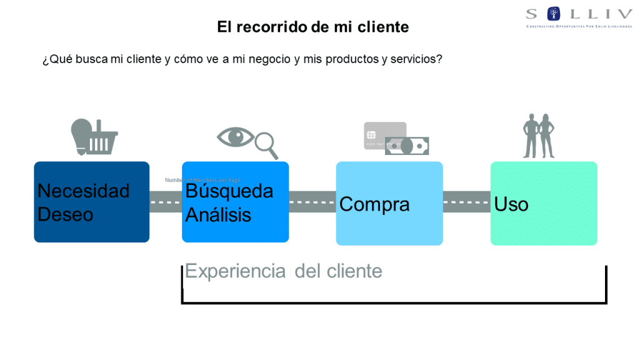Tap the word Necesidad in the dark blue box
click(83, 191)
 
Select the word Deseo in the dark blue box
click(66, 214)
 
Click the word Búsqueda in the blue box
click(229, 191)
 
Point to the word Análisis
click(218, 215)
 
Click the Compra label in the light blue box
click(374, 204)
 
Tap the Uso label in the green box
click(511, 204)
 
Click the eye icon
click(236, 137)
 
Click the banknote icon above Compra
click(407, 146)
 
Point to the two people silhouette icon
click(539, 136)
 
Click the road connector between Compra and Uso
click(466, 202)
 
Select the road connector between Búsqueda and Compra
click(312, 202)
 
